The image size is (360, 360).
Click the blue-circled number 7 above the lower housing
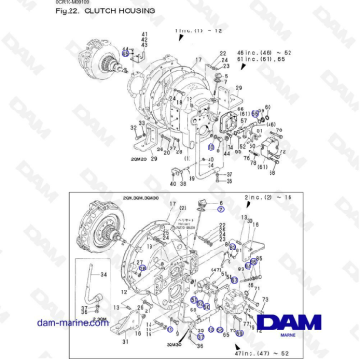click(222, 206)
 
